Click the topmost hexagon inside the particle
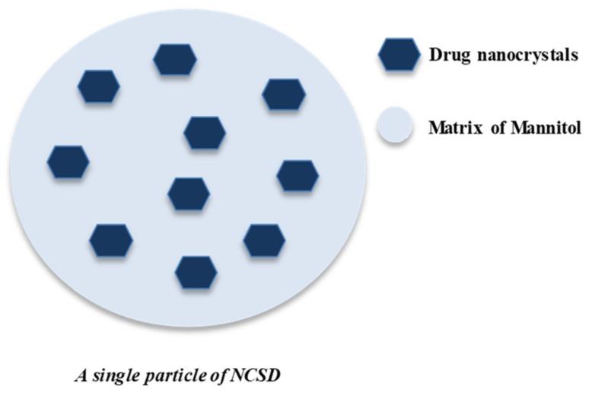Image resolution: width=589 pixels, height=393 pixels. pos(175,59)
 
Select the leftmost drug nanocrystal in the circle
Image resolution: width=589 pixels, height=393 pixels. pos(68,161)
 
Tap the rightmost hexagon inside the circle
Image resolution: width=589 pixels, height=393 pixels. pos(298,175)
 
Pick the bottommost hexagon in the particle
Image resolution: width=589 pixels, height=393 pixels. pos(196,272)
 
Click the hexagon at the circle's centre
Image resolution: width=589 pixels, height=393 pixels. pos(189,193)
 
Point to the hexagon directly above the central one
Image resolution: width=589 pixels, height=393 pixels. pos(205,133)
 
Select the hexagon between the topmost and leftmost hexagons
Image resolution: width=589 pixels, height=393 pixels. pos(99,86)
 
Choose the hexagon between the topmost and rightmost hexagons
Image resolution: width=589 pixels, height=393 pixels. pos(284,94)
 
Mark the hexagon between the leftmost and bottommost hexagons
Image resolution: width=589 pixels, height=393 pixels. pos(111,240)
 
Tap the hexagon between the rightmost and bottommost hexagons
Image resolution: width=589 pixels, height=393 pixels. pos(264,240)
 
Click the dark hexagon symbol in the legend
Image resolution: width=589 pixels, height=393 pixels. pos(399,55)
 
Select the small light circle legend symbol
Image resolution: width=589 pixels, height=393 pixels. pos(395,126)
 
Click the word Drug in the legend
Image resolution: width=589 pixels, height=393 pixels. pos(447,56)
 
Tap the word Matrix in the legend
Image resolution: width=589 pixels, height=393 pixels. pos(454,127)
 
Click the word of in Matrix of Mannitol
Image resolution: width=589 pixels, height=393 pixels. pos(497,127)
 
